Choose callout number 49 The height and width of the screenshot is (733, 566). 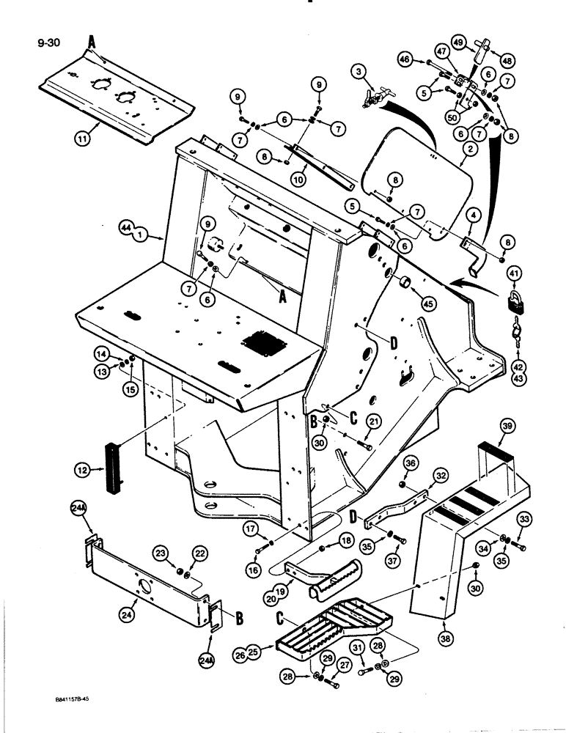(458, 43)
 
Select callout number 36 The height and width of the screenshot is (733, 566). (410, 463)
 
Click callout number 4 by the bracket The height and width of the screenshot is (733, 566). (455, 215)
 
